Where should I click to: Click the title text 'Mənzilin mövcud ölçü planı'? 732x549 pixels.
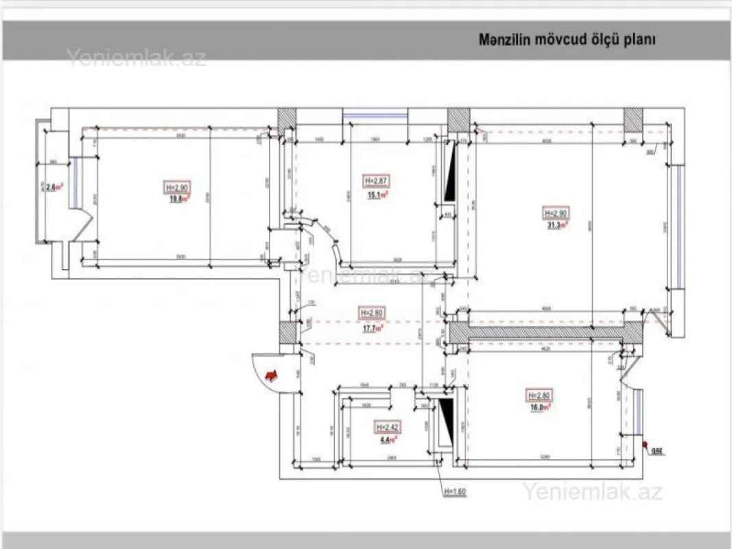(567, 40)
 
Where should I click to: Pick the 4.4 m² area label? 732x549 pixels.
(388, 440)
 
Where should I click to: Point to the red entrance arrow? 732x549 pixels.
(272, 375)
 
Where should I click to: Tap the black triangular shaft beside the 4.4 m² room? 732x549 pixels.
(446, 422)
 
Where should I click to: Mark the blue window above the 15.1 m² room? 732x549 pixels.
(375, 115)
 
